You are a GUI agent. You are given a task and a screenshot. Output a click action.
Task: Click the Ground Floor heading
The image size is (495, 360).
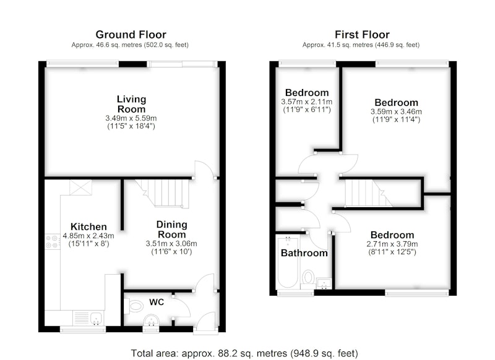point(131,35)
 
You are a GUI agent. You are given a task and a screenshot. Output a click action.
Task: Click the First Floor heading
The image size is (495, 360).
point(362,35)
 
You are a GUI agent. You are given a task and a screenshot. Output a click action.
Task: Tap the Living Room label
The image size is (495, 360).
point(131,104)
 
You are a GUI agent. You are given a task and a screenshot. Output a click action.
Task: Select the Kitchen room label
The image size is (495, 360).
point(88,226)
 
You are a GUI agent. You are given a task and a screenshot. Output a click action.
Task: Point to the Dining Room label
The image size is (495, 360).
point(172,229)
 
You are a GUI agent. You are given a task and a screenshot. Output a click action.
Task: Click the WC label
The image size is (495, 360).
point(157,302)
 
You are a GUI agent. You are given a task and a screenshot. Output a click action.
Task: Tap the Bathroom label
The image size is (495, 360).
point(304,253)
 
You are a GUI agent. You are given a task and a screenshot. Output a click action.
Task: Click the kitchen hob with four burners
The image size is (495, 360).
point(53,242)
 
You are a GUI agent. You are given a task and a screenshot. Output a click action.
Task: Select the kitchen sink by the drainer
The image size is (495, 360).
point(96,318)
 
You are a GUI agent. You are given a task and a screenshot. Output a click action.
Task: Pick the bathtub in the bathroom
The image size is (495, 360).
point(287,262)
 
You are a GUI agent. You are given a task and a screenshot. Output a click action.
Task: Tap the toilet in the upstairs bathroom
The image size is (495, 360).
point(308,280)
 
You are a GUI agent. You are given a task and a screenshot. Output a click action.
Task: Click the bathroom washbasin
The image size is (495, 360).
point(324,283)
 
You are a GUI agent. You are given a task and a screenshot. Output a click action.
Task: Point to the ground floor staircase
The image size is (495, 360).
point(163,193)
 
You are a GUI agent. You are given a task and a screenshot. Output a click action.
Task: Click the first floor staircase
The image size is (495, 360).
point(368,193)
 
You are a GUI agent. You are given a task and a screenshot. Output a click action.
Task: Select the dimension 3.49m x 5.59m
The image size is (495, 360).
point(131,118)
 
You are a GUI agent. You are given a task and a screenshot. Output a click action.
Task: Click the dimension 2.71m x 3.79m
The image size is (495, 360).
point(392,244)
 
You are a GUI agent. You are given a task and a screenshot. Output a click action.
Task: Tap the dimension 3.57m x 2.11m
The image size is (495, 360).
point(306,101)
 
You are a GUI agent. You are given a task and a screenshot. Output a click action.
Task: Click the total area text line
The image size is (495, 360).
point(244,353)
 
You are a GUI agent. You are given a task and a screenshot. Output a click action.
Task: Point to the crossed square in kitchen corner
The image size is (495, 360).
point(81,187)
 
